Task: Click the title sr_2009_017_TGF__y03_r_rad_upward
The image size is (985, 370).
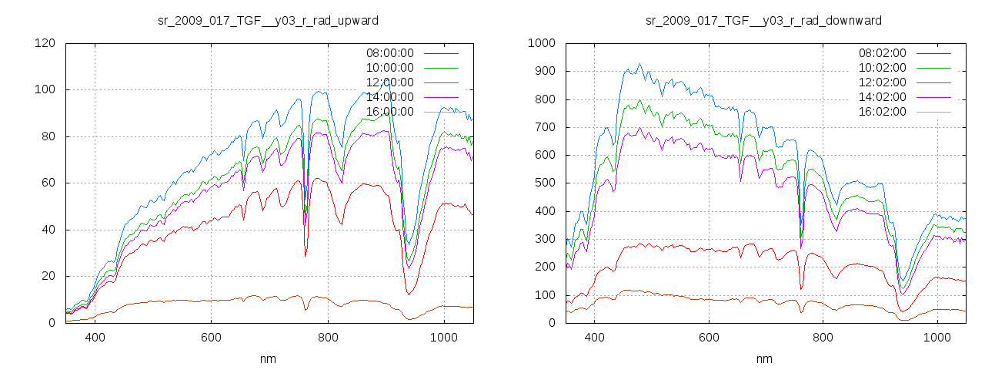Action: (268, 20)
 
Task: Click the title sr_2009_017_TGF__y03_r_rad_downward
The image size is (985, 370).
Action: (763, 20)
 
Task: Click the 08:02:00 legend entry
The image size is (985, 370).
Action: (882, 53)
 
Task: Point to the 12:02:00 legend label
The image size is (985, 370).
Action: (882, 82)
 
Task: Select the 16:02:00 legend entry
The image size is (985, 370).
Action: (882, 112)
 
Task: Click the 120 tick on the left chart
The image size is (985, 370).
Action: (45, 43)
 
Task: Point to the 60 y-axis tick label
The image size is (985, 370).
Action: (48, 183)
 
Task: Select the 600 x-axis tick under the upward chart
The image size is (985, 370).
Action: (211, 337)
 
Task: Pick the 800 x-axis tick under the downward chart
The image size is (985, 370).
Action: (823, 337)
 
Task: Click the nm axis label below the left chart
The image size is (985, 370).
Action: (269, 358)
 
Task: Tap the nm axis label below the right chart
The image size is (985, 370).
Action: (764, 358)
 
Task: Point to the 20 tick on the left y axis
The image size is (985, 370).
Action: (48, 277)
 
